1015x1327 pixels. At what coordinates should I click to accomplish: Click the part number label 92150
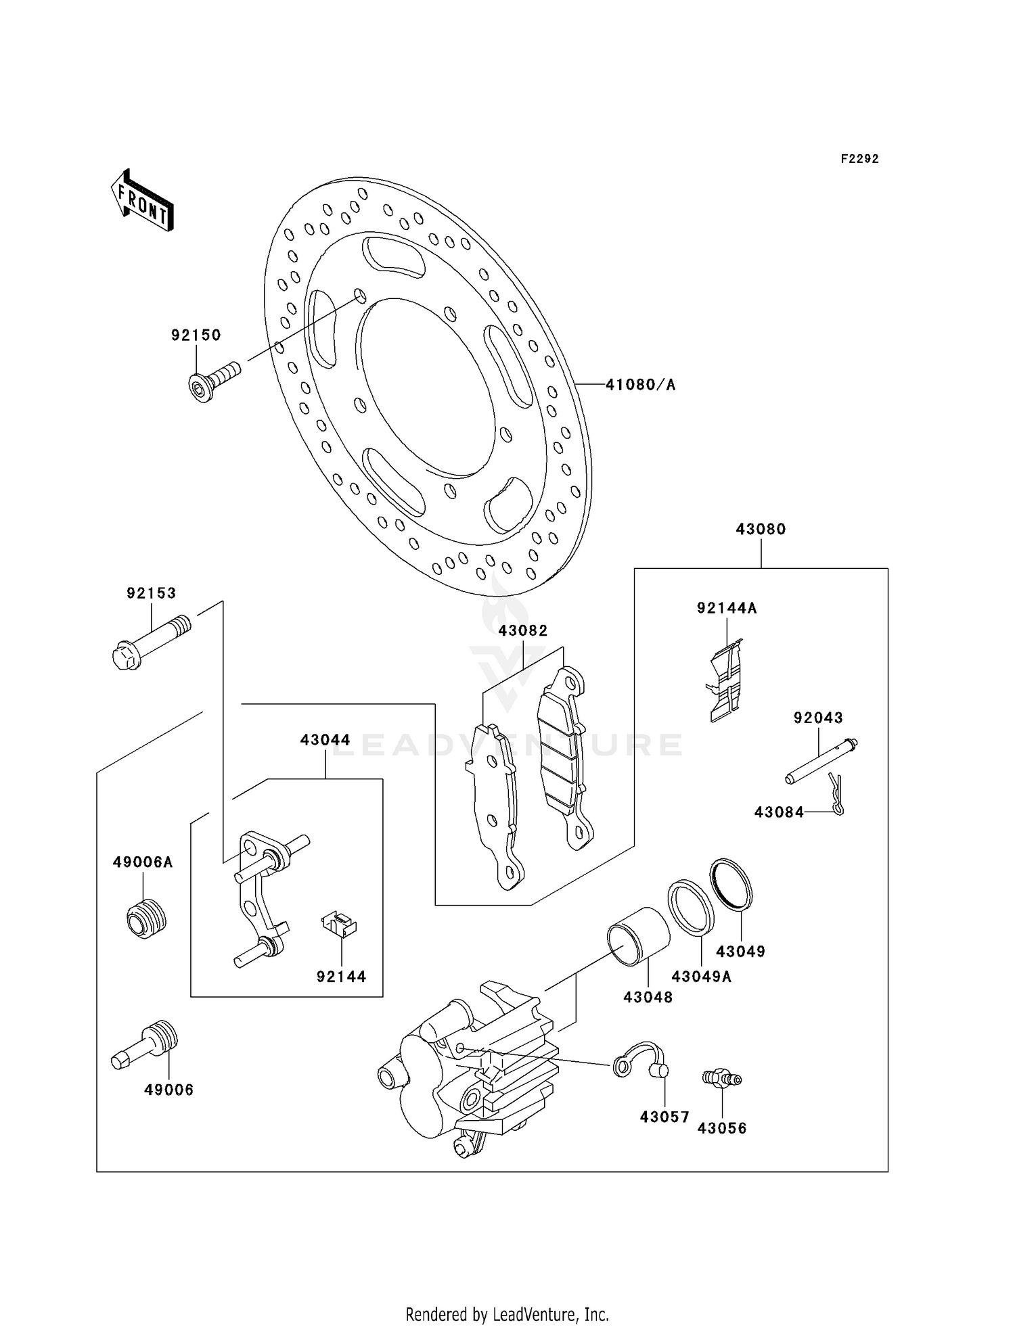(196, 335)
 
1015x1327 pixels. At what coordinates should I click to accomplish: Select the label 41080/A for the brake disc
(640, 386)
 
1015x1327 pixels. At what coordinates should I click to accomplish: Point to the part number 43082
(522, 630)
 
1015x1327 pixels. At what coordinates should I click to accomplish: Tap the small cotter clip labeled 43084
(837, 795)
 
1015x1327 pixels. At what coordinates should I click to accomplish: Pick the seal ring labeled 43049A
(691, 907)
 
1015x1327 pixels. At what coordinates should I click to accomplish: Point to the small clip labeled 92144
(340, 924)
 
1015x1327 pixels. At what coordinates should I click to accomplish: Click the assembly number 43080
(761, 530)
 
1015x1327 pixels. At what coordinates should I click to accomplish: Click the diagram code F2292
(859, 159)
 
